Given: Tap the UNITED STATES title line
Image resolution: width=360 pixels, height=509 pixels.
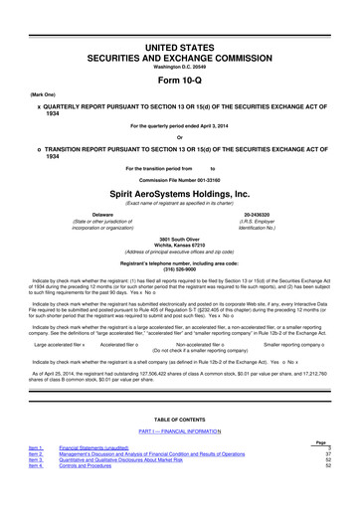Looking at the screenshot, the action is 179,20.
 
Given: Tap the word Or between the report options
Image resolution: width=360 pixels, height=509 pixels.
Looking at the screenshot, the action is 179,136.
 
